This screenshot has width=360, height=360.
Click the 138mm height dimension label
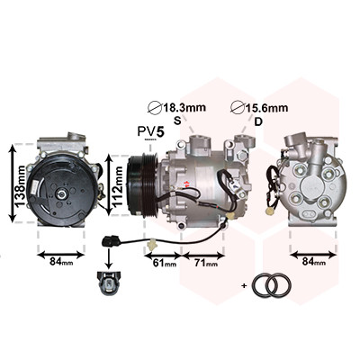coord(21,186)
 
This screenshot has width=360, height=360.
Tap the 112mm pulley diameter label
coord(118,186)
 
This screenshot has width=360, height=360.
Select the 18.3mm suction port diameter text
coord(184,107)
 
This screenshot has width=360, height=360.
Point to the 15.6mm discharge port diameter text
coord(267,108)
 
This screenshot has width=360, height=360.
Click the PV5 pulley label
coord(151,131)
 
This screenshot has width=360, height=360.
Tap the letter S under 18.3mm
coord(177,121)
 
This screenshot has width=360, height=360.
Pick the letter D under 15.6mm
coord(258,121)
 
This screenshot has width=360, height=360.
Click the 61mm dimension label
coord(165,263)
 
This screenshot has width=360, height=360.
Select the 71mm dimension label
coord(206,263)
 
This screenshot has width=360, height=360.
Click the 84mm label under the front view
coord(61,262)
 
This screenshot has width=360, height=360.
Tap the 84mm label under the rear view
coord(314,262)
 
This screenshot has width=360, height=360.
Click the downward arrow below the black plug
coord(109,258)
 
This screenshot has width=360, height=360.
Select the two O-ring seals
coord(272,285)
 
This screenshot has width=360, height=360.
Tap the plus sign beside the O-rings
coord(244,286)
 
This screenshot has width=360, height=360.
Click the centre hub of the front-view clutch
coord(62,194)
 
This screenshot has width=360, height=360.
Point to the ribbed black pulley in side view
coord(143,185)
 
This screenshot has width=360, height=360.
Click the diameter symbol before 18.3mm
coord(156,107)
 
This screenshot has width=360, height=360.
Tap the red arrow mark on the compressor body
coord(186,183)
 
